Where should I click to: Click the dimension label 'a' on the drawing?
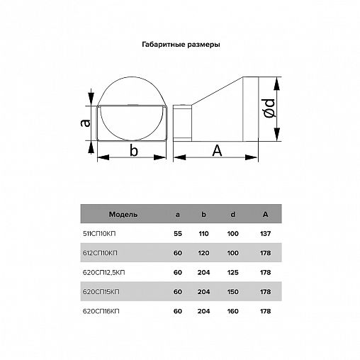85,123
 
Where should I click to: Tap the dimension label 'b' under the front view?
134,150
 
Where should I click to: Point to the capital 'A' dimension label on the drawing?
217,150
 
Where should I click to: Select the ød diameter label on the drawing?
269,108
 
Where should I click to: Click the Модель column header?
123,215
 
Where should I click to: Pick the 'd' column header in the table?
233,214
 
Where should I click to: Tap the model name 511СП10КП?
99,234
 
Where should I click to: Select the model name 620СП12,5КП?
103,273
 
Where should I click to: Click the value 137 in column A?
265,234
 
